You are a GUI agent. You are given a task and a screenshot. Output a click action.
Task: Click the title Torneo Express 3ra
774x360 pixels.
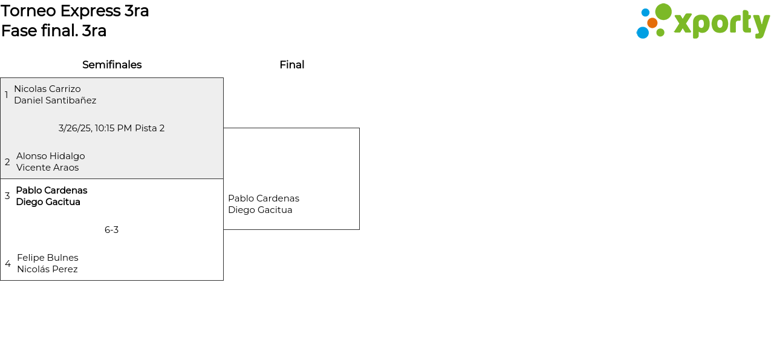point(75,11)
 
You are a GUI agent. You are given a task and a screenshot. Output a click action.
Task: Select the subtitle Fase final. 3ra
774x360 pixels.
point(54,31)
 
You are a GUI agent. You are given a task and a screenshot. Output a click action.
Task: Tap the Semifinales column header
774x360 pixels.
point(112,65)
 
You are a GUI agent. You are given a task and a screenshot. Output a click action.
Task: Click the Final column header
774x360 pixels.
point(291,65)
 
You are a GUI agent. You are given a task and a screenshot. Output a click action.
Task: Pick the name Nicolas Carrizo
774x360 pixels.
point(47,89)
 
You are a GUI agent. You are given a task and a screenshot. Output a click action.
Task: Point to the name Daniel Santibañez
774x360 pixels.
point(55,100)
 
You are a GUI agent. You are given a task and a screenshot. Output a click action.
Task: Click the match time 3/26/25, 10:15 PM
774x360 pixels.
point(95,128)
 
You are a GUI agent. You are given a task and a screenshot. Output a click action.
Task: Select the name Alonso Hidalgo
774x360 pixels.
point(51,156)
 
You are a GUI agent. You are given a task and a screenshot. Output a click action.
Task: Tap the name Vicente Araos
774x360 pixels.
point(48,168)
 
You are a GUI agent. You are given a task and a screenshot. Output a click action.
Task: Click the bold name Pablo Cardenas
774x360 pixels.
point(51,191)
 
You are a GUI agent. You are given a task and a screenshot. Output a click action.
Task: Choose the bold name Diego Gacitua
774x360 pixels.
point(48,202)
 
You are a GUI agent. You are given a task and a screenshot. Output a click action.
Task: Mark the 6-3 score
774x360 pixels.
point(112,230)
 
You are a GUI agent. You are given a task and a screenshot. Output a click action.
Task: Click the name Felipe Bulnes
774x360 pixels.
point(48,258)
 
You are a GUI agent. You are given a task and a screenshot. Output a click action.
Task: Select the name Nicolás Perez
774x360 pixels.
point(47,269)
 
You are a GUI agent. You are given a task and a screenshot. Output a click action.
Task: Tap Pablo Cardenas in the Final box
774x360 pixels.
point(264,198)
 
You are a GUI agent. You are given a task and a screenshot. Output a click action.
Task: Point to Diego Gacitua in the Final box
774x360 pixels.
point(260,210)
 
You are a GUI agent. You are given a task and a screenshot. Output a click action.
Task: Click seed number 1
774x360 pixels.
point(7,95)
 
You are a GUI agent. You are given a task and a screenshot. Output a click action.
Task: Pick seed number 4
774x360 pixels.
point(8,264)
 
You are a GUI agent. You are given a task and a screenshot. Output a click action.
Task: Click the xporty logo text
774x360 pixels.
point(721,24)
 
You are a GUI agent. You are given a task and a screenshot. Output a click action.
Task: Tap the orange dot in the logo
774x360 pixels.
point(652,23)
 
